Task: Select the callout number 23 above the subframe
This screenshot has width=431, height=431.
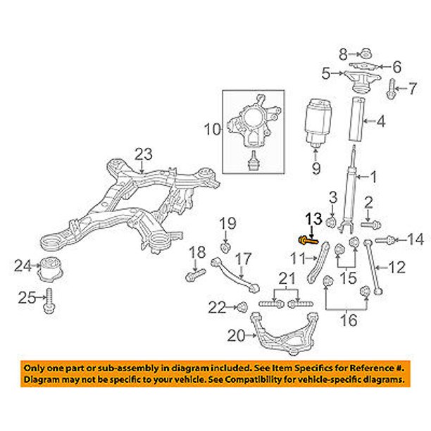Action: pos(144,153)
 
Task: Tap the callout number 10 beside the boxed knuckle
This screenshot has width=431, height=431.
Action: pos(213,129)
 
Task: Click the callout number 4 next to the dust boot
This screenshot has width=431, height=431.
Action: pos(380,122)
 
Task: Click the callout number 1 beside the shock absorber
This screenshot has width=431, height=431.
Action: pos(374,177)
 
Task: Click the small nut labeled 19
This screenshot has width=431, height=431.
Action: pos(225,247)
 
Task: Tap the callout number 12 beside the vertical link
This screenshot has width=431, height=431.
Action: pos(398,268)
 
